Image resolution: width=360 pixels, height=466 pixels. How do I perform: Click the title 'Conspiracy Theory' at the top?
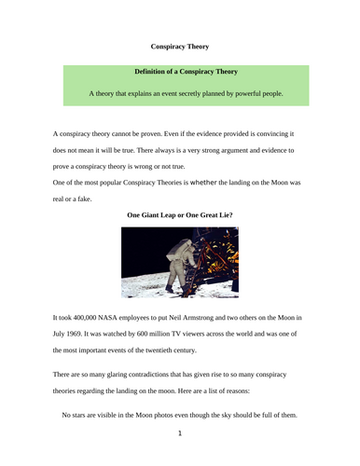pyautogui.click(x=180, y=46)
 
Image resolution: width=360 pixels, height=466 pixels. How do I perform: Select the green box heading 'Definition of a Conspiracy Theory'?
pyautogui.click(x=180, y=72)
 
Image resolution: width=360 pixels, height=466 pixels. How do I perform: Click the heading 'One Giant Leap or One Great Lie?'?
pyautogui.click(x=180, y=214)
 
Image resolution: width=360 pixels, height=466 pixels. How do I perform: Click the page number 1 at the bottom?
pyautogui.click(x=180, y=432)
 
